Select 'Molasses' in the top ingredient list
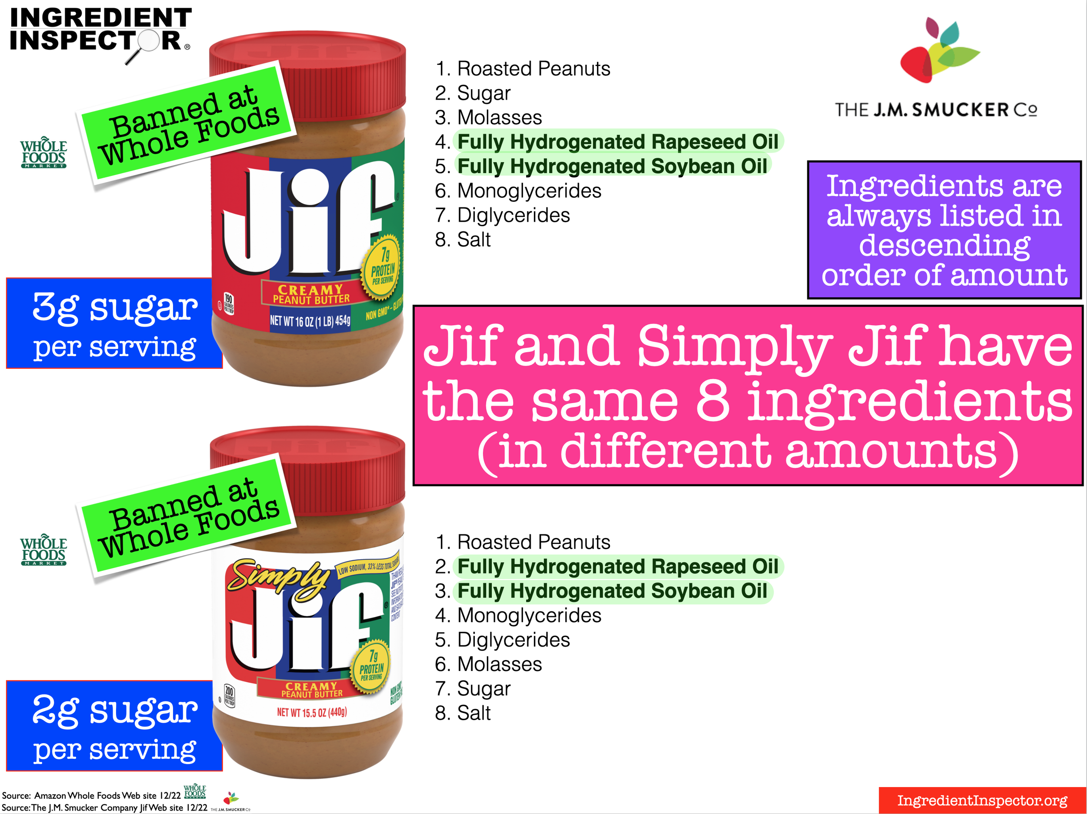[499, 117]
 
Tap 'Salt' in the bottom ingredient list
[474, 713]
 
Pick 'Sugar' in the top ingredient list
[483, 93]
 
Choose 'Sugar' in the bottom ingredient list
[483, 689]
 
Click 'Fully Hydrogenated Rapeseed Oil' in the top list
[618, 142]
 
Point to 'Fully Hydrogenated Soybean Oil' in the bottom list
[612, 591]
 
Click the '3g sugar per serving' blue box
[114, 324]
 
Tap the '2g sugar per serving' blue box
[114, 726]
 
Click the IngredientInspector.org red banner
[982, 800]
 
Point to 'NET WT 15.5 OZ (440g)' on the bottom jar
[312, 712]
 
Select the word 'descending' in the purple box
[944, 245]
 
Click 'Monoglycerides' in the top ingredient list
[529, 191]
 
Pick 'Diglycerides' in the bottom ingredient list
[513, 640]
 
